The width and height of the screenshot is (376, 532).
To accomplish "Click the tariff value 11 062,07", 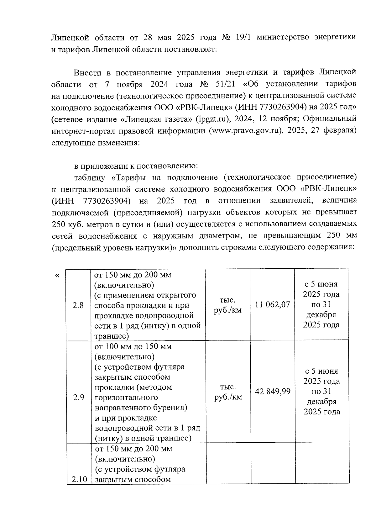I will (x=272, y=305).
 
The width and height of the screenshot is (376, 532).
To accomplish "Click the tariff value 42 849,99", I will (x=273, y=392).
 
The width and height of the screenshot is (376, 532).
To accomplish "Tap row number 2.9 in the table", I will (x=79, y=398).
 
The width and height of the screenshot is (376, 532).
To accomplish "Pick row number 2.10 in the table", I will (x=79, y=480).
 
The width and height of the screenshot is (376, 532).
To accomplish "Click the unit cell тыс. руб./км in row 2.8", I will (x=228, y=305).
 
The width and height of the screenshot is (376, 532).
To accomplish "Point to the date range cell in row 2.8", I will (x=321, y=304).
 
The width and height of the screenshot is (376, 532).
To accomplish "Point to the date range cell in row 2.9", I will (x=322, y=392).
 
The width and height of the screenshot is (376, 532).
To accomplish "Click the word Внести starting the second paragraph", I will (x=87, y=73).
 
